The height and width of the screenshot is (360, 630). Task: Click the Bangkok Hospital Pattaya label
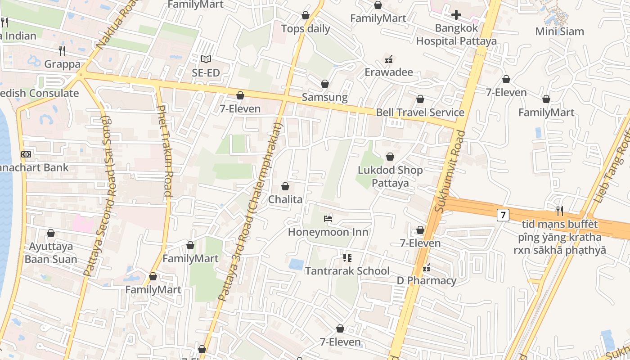click(x=456, y=35)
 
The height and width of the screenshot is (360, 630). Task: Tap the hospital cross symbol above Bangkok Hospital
click(x=456, y=15)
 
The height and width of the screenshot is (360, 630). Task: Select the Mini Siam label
click(x=559, y=31)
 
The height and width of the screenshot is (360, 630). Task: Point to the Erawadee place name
click(x=389, y=72)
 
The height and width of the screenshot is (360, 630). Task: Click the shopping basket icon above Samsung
click(x=325, y=84)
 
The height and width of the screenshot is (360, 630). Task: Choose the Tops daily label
click(x=306, y=29)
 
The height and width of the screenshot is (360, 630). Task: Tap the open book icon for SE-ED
click(x=206, y=59)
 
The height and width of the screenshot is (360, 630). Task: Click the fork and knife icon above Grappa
click(x=62, y=50)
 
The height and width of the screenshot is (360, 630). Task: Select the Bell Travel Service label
click(x=420, y=112)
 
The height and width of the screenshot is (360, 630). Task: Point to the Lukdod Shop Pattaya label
click(x=390, y=176)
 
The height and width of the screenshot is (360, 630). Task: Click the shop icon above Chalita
click(x=285, y=186)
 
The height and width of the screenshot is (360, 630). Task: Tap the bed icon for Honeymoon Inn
click(x=328, y=219)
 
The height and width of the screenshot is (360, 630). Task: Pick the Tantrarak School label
click(x=347, y=271)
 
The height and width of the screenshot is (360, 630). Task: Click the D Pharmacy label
click(x=426, y=281)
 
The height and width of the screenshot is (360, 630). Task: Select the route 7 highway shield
click(x=503, y=215)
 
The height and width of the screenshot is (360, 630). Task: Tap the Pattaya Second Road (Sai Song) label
click(x=97, y=196)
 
